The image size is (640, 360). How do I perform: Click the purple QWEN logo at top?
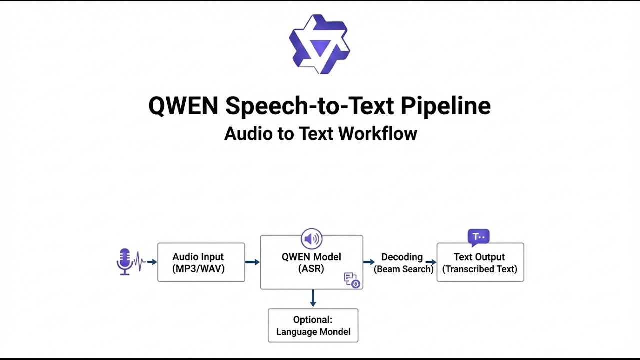pos(319,44)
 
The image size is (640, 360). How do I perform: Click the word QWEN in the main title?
pos(183,106)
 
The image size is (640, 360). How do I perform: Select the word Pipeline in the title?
pos(445,106)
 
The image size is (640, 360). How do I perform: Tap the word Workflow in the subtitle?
pos(378,133)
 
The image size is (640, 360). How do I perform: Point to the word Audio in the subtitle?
pos(248,133)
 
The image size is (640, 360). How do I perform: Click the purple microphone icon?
pos(125,262)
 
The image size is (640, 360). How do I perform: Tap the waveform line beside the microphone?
pos(139,261)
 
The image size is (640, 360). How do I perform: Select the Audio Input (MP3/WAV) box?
pos(201,262)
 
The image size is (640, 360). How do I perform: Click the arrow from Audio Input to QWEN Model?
pos(252,262)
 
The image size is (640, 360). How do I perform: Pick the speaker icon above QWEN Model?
pos(311,239)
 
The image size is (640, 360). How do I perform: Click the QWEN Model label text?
pos(311,263)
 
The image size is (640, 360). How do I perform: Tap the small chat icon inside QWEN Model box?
pos(352,280)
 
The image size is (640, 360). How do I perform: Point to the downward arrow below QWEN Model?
pos(313,298)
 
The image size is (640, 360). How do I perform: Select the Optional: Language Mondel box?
pos(313,325)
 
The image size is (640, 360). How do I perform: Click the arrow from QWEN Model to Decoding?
pos(369,262)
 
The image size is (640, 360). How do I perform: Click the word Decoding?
pos(402,257)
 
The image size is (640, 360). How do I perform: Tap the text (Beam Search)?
pos(404,269)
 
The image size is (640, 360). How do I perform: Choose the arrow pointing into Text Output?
pos(431,262)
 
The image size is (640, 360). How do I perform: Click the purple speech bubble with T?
pos(479,237)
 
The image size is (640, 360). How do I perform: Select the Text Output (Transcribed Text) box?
pos(480,262)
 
